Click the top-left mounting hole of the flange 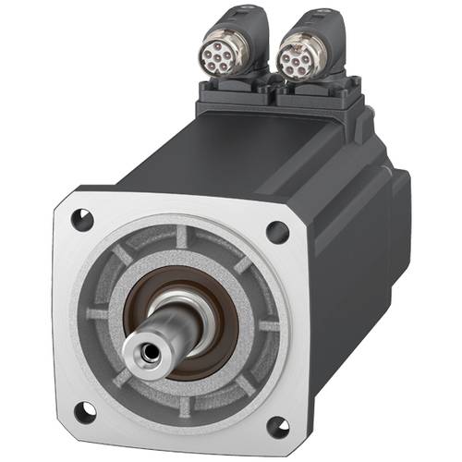(82, 221)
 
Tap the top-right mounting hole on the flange (275, 232)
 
